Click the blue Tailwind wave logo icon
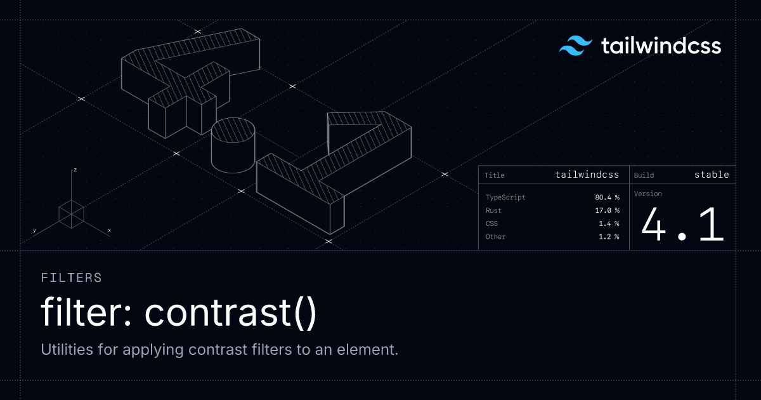(x=576, y=46)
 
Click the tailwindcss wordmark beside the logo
(x=661, y=46)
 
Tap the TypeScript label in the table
(x=505, y=197)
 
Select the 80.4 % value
(x=607, y=197)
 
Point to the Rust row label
(x=493, y=210)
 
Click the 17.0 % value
(x=607, y=210)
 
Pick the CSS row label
(x=491, y=223)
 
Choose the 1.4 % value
(x=609, y=223)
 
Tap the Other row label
(x=496, y=236)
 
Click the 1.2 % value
(x=609, y=236)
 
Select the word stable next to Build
(x=712, y=175)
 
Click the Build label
(x=644, y=175)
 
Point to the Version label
(x=648, y=194)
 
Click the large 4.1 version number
(x=683, y=225)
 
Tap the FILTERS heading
(x=71, y=277)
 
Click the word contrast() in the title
(x=231, y=312)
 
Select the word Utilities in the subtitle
(x=67, y=349)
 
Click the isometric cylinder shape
(x=233, y=145)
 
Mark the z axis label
(x=75, y=170)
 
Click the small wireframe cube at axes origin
(x=71, y=214)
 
